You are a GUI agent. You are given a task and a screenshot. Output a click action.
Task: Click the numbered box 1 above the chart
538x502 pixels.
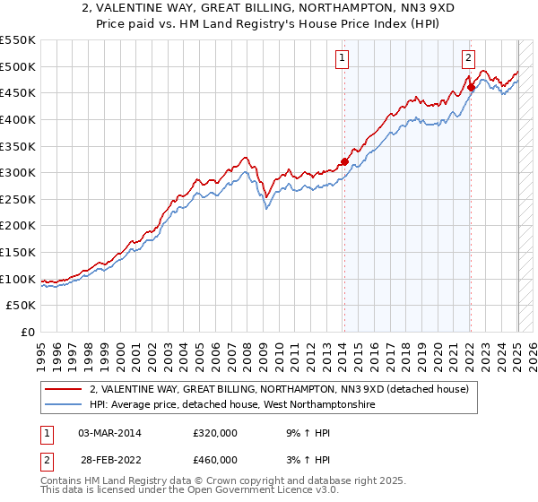[343, 59]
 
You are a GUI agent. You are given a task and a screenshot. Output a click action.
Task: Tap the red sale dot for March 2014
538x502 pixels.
[343, 162]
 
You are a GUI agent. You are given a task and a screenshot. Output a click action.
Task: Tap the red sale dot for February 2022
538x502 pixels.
[471, 88]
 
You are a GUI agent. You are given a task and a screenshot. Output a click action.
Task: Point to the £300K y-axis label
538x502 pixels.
[18, 172]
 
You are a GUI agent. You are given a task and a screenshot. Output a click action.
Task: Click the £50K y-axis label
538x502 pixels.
[22, 306]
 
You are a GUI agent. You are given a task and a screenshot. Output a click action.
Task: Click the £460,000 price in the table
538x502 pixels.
[215, 459]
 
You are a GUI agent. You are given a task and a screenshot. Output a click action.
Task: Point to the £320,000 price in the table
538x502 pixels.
[215, 432]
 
